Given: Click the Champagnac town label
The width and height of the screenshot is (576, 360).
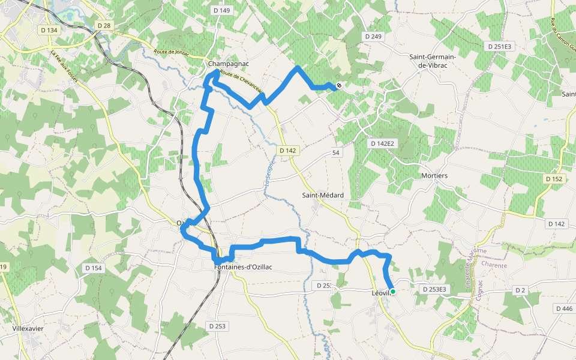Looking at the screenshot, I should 228,63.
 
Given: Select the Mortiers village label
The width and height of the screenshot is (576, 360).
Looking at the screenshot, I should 434,176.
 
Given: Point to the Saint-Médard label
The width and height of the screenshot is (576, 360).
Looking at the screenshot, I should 323,196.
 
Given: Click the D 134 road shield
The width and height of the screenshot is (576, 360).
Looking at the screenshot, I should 49,30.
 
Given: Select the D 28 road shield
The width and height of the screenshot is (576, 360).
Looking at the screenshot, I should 104,25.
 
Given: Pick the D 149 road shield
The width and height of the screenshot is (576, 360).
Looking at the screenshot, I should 221,10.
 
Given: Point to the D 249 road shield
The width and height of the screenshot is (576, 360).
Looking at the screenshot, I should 373,37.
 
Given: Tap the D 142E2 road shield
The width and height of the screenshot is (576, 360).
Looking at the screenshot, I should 382,143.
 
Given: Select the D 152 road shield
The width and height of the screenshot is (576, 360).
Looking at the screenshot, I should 554,179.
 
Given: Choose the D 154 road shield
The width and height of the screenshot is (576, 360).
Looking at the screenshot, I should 92,268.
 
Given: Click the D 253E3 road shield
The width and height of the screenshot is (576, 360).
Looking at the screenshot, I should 434,289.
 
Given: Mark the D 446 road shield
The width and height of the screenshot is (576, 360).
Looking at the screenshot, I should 565,308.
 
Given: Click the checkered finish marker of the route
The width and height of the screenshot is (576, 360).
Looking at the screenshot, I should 339,86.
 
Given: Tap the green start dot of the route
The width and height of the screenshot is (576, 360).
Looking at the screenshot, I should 393,292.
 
